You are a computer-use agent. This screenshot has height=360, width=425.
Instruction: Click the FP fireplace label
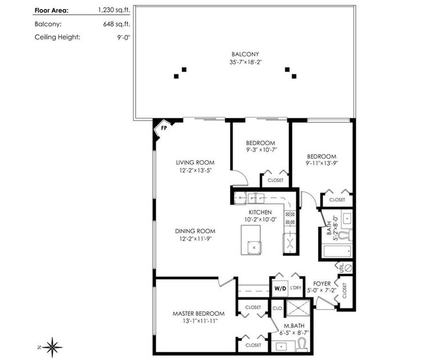pyautogui.click(x=164, y=128)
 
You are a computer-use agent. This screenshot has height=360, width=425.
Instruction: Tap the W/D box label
pyautogui.click(x=280, y=288)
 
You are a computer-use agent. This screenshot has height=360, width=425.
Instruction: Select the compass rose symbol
pyautogui.click(x=52, y=347)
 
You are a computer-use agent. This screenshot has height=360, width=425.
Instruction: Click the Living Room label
pyautogui.click(x=195, y=163)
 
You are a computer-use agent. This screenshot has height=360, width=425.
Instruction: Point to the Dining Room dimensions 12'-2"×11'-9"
pyautogui.click(x=195, y=238)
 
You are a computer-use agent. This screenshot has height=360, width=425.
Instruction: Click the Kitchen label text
pyautogui.click(x=260, y=212)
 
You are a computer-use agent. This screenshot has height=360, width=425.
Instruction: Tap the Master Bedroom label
pyautogui.click(x=198, y=314)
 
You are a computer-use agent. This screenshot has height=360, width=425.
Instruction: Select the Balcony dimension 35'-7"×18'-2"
pyautogui.click(x=245, y=62)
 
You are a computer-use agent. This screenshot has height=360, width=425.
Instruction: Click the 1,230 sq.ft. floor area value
pyautogui.click(x=114, y=10)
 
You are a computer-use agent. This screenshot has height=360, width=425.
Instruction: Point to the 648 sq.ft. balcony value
pyautogui.click(x=116, y=24)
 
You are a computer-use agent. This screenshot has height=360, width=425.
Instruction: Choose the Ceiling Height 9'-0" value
pyautogui.click(x=124, y=37)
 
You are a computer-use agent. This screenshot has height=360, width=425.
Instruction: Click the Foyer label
pyautogui.click(x=322, y=283)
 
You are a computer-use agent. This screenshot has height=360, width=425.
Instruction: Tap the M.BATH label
pyautogui.click(x=294, y=326)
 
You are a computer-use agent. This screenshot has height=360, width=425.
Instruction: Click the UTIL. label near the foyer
pyautogui.click(x=342, y=268)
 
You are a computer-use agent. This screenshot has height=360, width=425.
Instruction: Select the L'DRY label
pyautogui.click(x=296, y=287)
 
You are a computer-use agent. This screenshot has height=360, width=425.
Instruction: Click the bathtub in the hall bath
pyautogui.click(x=338, y=251)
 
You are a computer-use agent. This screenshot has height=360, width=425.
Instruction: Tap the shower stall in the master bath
pyautogui.click(x=298, y=308)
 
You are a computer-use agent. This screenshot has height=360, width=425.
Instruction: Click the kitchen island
pyautogui.click(x=251, y=240)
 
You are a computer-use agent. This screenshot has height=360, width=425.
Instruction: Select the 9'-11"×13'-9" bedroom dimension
pyautogui.click(x=322, y=163)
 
